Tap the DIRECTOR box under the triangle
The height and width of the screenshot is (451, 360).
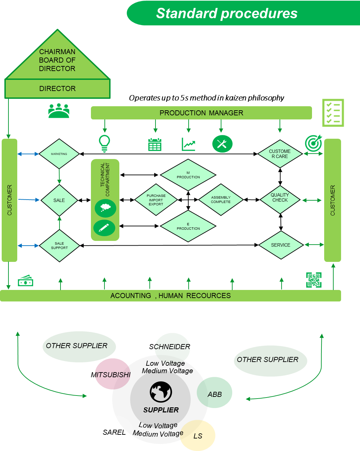click(x=57, y=89)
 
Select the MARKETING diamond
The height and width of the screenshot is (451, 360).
click(x=59, y=154)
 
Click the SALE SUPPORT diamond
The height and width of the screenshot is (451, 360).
click(x=59, y=246)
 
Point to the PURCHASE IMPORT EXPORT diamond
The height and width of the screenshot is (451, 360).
click(x=156, y=200)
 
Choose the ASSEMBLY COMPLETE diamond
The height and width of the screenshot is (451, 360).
click(x=221, y=200)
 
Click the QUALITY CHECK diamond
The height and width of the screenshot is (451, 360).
click(x=280, y=200)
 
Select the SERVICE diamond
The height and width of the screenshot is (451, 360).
click(x=281, y=245)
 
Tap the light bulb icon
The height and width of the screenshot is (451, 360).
click(x=104, y=143)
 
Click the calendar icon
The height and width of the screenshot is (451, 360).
click(x=155, y=144)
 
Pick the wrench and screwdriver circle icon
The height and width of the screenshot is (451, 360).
click(x=222, y=144)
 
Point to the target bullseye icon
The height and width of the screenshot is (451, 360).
click(x=313, y=143)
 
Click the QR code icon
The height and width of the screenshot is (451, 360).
click(x=314, y=280)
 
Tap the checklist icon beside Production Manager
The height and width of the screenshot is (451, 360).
click(x=333, y=113)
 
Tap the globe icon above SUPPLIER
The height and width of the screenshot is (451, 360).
click(x=161, y=392)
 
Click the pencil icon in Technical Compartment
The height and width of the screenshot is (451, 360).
click(x=104, y=228)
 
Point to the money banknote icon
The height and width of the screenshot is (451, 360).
click(x=25, y=281)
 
